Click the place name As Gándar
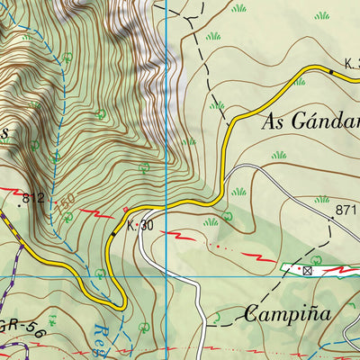point(310,122)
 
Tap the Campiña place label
point(287,315)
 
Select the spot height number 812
point(33,198)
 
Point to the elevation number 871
point(346,210)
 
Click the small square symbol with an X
point(307,269)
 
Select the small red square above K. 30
point(125,210)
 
